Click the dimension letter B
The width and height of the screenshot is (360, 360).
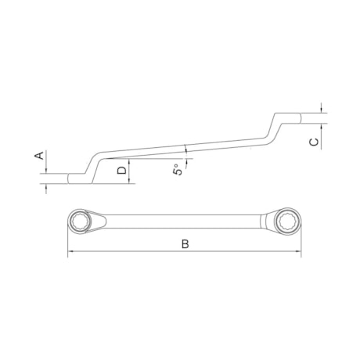[x=185, y=244]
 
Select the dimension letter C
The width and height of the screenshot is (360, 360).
[x=312, y=142]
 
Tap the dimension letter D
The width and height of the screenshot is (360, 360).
[x=121, y=170]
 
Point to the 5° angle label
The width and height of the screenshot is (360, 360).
[x=179, y=167]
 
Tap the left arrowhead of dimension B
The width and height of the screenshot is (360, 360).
[x=70, y=252]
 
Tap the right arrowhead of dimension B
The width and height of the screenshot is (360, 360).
[x=298, y=252]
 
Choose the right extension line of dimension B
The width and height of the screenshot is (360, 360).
[x=301, y=239]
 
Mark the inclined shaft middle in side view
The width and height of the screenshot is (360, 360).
[x=185, y=148]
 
